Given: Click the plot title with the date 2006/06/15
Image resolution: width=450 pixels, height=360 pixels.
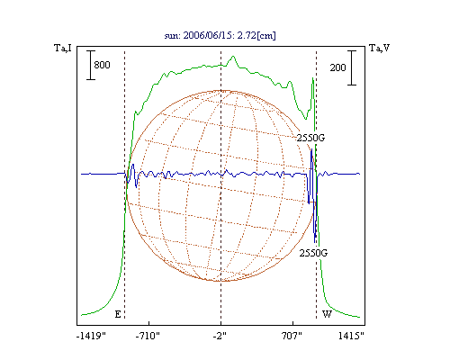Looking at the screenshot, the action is point(220,35).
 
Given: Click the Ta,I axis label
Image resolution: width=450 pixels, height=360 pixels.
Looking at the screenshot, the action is point(63,48).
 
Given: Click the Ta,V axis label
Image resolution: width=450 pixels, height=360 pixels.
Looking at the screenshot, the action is point(379,48).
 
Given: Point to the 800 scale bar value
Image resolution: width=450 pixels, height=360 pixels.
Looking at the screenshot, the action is point(102,65).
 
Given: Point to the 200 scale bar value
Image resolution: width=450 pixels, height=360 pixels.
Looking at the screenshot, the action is point(337,67).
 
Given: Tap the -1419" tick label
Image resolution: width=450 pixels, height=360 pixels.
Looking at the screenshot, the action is point(91,336).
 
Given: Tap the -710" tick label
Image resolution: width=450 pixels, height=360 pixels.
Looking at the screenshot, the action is point(148,336).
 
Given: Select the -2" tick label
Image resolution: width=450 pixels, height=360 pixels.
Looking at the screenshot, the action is point(220,336).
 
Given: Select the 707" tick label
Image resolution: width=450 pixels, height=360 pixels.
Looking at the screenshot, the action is point(292,336).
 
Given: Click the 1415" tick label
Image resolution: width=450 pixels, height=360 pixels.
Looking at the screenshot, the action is point(351,336).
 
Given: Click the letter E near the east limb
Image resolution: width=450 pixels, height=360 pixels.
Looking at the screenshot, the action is point(118,314).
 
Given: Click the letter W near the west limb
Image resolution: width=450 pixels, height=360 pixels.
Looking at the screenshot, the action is point(327,314).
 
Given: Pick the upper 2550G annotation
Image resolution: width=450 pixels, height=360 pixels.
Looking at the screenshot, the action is point(310,138).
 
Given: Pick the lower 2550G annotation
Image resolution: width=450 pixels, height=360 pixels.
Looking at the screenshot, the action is point(313,253).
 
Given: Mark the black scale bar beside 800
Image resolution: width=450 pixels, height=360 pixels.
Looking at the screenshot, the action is point(91,65).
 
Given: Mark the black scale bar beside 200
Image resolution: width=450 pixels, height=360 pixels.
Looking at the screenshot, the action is point(352,67).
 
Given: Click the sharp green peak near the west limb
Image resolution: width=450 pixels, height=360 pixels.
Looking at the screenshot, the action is point(313,78).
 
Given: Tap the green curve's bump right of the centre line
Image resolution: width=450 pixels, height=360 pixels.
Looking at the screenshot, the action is point(233,57).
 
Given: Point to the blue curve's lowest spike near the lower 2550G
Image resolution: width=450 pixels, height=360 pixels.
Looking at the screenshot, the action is point(315,242).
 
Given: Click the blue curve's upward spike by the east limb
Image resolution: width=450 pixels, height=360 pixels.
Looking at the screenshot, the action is point(133,165).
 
